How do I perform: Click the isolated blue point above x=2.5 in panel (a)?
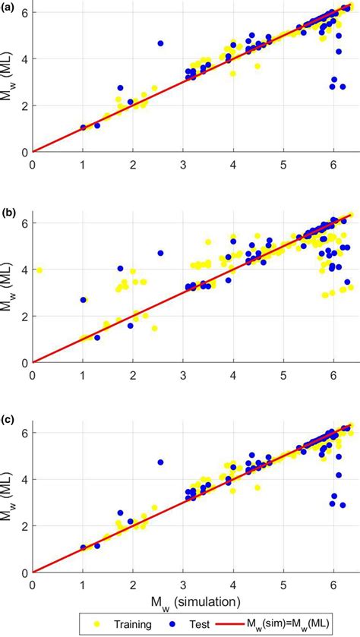(x=160, y=43)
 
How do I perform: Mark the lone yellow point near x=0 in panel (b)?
(x=39, y=270)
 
